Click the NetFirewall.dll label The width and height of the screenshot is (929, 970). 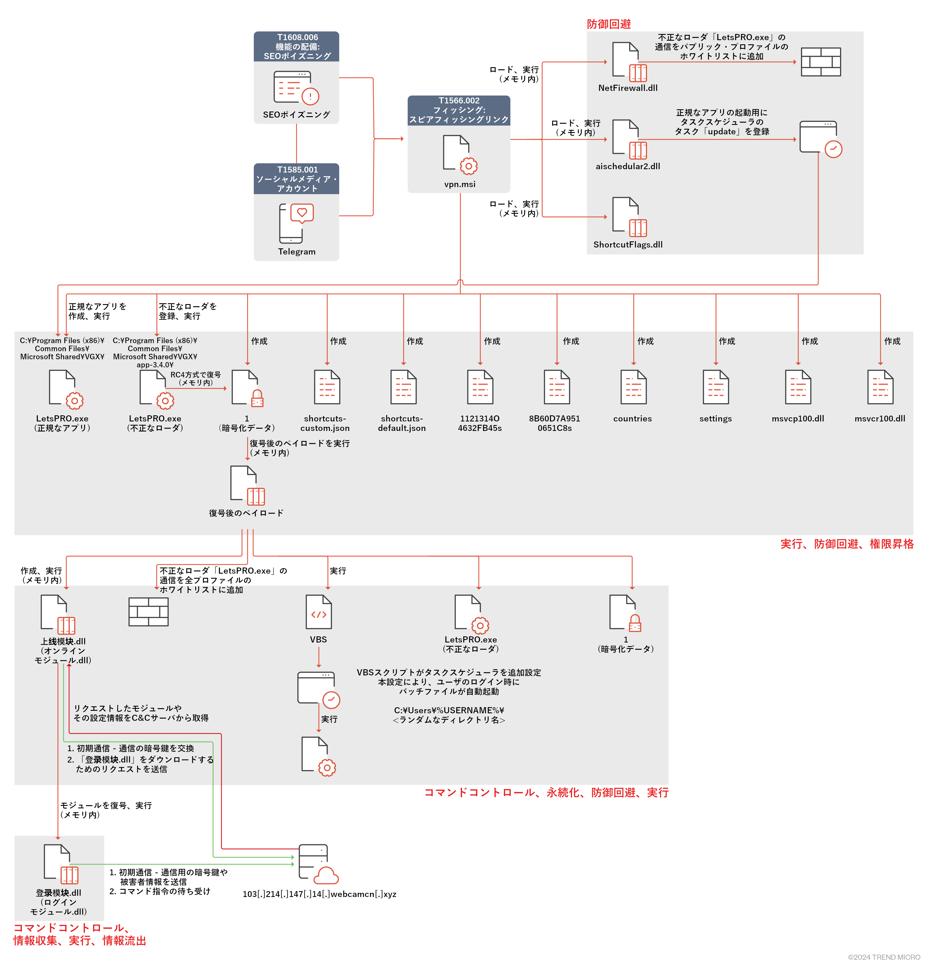coord(628,88)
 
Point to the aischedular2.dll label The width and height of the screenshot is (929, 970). coord(628,166)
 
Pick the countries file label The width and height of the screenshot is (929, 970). coord(632,419)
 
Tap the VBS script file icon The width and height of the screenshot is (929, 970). coord(318,612)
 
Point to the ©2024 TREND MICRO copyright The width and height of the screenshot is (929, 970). coord(884,957)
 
